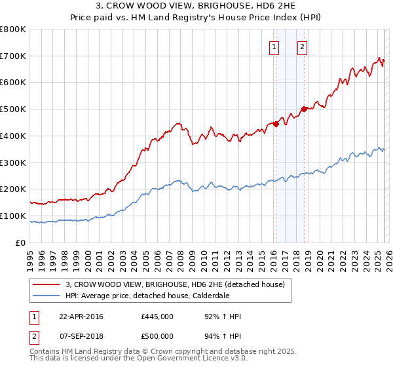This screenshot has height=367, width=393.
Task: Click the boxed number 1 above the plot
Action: tap(273, 47)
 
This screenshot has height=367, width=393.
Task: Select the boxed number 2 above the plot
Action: tap(302, 47)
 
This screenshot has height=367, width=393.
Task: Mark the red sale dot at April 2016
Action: tap(276, 124)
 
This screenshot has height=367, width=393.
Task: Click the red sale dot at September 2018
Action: tap(304, 109)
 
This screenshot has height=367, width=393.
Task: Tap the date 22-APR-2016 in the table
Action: tap(81, 317)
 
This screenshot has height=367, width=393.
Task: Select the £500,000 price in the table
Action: tap(157, 336)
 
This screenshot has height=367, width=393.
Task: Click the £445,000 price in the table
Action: tap(157, 317)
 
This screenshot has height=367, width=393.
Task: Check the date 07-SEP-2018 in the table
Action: tap(81, 336)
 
